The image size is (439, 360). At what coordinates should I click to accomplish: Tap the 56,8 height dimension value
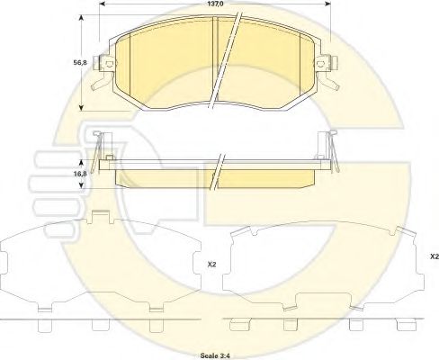(80, 63)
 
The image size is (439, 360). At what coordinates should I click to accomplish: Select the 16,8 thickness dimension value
(80, 174)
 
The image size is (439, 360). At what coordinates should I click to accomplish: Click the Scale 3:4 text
(215, 355)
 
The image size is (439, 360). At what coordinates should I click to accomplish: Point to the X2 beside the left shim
(212, 265)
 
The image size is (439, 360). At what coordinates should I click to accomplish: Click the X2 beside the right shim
(435, 256)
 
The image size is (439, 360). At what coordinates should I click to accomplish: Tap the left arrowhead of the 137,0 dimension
(103, 4)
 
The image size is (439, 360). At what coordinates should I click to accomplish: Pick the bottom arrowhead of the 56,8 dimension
(81, 107)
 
